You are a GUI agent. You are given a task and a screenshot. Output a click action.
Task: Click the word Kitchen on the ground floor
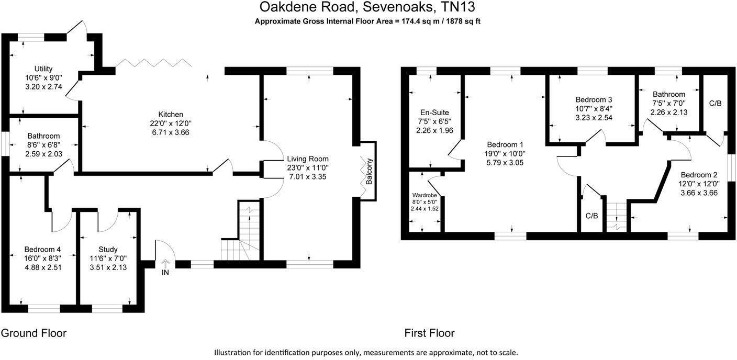[171, 115]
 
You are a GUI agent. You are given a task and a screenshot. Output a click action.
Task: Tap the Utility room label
[43, 69]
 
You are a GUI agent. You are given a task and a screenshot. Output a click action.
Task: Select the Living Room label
[308, 159]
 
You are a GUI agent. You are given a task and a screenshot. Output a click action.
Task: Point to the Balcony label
[369, 171]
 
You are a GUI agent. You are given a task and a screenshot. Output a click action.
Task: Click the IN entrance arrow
[165, 264]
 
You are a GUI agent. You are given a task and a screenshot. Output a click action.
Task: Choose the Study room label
[108, 250]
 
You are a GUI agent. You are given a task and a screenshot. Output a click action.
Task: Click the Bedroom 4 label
[42, 250]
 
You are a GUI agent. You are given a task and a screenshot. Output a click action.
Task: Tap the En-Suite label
[434, 113]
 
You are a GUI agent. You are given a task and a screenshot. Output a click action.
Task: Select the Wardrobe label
[425, 195]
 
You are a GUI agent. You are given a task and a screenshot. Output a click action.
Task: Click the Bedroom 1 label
[505, 144]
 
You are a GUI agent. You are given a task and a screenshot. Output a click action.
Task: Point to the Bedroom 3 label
[594, 99]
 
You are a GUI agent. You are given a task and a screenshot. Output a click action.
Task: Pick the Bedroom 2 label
[699, 175]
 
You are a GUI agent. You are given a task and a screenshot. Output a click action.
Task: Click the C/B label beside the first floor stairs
[591, 216]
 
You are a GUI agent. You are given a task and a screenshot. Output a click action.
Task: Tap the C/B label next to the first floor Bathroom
[716, 103]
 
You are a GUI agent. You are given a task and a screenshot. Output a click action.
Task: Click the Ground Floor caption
[33, 333]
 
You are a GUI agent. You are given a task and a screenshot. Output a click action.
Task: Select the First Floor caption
[429, 333]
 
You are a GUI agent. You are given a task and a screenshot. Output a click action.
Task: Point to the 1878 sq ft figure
[459, 21]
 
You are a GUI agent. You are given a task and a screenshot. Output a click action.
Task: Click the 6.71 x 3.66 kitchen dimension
[171, 132]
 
